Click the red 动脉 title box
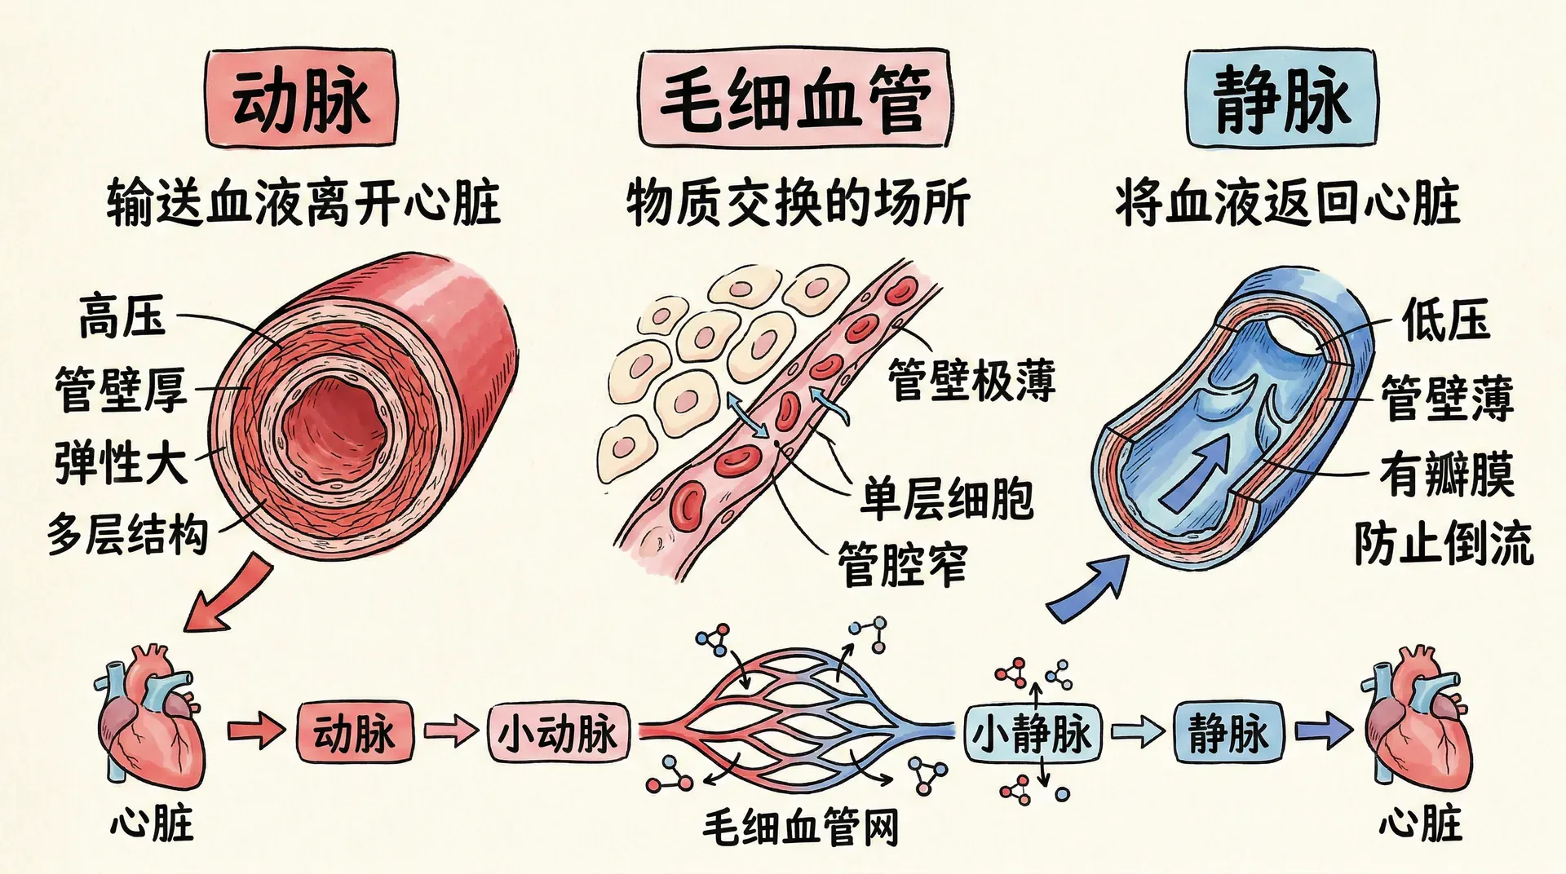tap(301, 99)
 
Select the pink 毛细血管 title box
tap(794, 99)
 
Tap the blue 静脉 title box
tap(1281, 99)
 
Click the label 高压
tap(122, 316)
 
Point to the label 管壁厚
tap(121, 389)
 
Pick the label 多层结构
tap(127, 535)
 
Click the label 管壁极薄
tap(971, 380)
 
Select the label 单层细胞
tap(947, 498)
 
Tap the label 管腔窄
tap(902, 564)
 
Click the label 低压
tap(1445, 320)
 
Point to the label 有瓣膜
tap(1446, 475)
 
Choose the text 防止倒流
tap(1444, 543)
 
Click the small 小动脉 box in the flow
tap(558, 733)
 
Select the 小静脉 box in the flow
tap(1032, 733)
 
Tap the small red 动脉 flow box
tap(354, 733)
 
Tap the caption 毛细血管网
tap(800, 828)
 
